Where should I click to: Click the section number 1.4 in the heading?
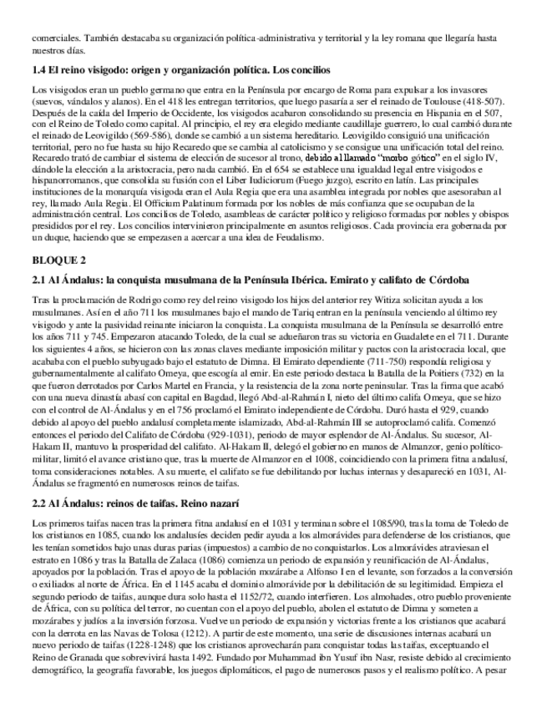coord(38,69)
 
